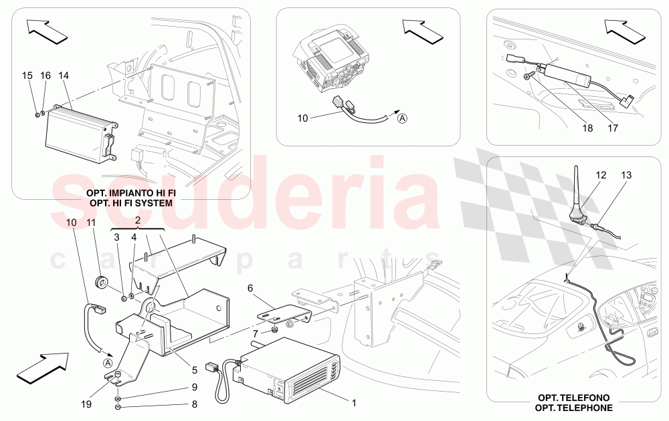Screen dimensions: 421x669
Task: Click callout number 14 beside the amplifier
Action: (x=64, y=76)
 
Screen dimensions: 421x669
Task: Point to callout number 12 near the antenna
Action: (x=601, y=175)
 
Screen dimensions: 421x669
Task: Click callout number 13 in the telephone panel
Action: (x=626, y=175)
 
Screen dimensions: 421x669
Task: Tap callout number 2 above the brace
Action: (x=137, y=219)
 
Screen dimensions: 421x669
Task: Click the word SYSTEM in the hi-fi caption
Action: (x=154, y=202)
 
